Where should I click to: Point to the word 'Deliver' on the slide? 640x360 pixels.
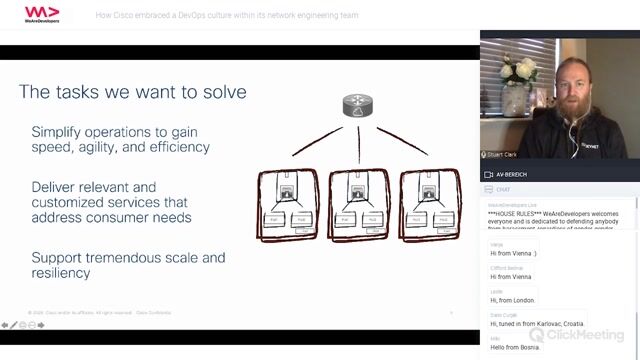pos(57,187)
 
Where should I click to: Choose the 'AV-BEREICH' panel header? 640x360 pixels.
pos(514,174)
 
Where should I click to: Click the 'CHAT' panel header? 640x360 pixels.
pos(504,187)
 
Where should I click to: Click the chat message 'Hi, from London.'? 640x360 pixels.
pos(514,300)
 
